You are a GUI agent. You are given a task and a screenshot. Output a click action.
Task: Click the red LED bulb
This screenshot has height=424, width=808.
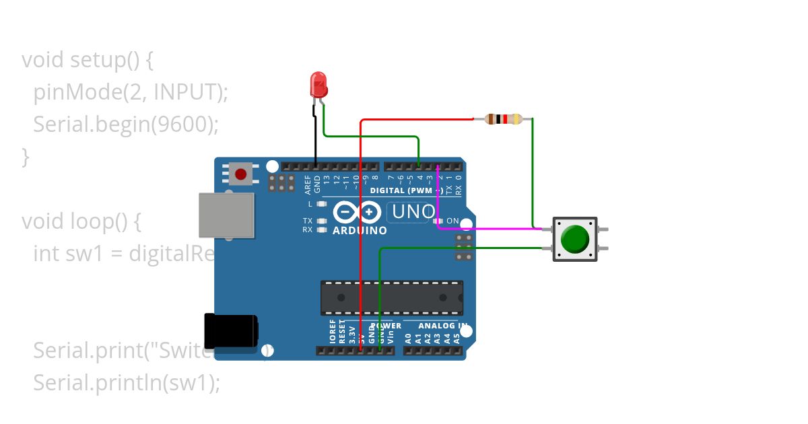318,85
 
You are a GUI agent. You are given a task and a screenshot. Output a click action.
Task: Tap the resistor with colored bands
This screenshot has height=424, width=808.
501,119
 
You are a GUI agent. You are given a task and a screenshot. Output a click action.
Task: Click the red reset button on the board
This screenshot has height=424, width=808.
240,174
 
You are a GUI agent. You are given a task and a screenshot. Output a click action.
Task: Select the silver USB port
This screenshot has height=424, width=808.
227,215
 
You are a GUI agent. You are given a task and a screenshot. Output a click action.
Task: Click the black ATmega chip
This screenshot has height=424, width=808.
391,297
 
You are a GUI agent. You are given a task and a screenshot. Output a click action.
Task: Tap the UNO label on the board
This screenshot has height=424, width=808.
413,212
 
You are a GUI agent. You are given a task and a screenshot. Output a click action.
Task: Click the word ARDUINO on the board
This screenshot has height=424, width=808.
360,231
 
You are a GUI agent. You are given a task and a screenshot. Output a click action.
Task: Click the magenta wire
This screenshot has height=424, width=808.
492,229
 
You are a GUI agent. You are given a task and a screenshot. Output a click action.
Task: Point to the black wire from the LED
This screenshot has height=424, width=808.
314,135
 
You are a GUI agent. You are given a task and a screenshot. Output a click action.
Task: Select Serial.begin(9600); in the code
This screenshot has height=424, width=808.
126,125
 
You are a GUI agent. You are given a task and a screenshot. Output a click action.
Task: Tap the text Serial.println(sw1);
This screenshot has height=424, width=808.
127,383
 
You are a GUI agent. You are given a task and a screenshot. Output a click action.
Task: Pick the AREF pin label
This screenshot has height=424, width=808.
308,182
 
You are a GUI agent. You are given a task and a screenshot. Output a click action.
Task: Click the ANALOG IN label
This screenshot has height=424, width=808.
443,326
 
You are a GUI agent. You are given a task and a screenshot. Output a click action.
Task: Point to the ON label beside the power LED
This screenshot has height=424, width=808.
452,221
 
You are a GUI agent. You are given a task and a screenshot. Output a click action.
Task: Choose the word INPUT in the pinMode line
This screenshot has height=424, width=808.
185,92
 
